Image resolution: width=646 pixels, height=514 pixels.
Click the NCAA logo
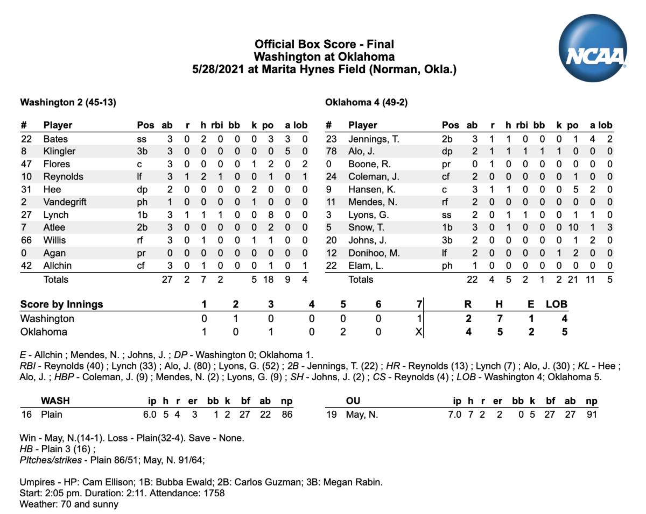coord(593,48)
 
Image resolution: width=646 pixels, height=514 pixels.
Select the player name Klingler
coord(59,151)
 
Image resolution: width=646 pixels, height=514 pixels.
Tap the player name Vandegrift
coord(65,202)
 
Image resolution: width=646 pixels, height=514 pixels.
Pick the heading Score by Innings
coord(61,304)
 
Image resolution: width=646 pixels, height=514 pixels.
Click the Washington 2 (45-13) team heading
coord(68,102)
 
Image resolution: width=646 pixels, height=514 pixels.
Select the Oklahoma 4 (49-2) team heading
coord(370,102)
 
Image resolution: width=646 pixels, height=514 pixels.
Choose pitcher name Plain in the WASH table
coord(52,414)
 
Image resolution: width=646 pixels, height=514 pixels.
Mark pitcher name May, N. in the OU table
coord(362,414)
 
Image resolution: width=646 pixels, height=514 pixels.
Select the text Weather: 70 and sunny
coord(69,504)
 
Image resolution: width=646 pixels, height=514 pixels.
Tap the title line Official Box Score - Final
coord(324,44)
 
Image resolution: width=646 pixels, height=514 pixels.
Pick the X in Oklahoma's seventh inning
coord(419,332)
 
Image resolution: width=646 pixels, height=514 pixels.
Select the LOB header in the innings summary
coord(556,304)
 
